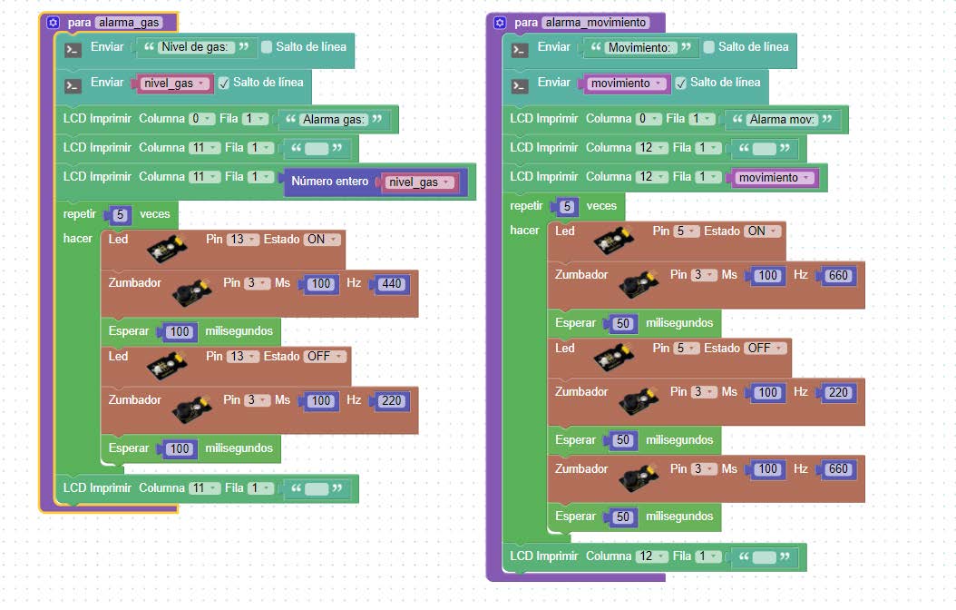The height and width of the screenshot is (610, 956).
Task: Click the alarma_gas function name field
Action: pos(129,23)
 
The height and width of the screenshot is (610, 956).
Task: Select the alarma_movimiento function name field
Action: pos(596,23)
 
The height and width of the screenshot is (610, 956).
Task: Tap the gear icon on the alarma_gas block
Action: pos(53,23)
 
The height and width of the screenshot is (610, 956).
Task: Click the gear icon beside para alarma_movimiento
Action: pos(500,23)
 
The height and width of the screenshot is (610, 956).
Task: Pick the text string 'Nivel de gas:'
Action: pos(195,47)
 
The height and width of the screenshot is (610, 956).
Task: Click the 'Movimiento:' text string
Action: pos(639,47)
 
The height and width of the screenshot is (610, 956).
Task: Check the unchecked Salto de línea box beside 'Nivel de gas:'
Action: pos(267,47)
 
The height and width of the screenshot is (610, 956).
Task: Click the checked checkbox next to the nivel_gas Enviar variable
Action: pos(224,83)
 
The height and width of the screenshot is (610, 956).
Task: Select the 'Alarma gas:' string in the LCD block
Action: pos(334,119)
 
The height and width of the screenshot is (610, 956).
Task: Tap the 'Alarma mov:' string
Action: pos(782,119)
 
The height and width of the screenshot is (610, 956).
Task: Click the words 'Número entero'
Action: pos(330,182)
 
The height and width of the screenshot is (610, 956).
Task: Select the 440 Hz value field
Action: pos(392,283)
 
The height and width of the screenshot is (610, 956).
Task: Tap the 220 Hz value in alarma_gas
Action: pos(392,401)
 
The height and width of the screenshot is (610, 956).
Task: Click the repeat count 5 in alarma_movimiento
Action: pos(567,206)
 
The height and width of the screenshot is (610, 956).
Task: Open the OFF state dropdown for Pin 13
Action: pos(323,356)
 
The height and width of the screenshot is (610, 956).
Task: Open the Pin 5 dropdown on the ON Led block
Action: pos(686,231)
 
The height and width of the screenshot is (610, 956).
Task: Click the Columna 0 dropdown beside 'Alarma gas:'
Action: pos(201,118)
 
